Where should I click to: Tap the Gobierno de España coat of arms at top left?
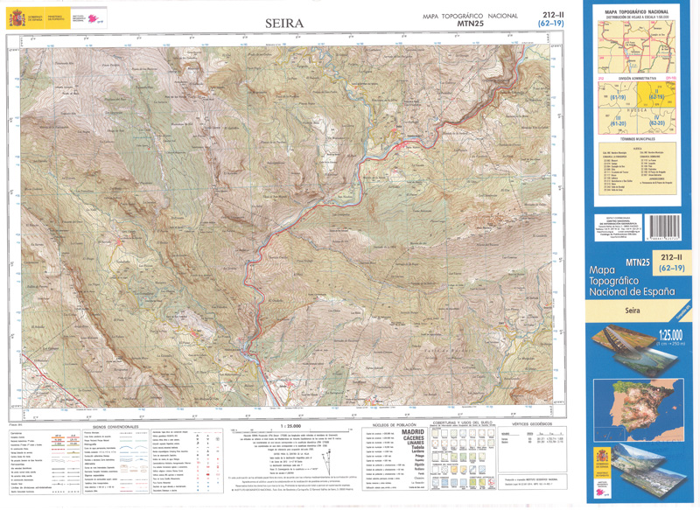[x=10, y=17]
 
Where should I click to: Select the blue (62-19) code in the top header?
[x=550, y=25]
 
